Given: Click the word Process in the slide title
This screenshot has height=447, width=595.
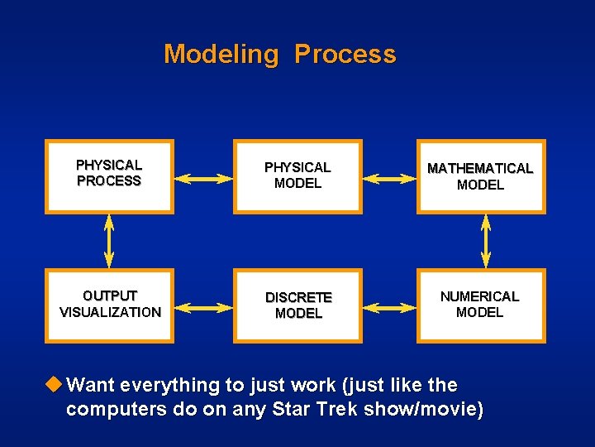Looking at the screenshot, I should click(x=345, y=55).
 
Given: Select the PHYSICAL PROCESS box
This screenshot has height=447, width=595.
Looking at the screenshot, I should click(x=109, y=176).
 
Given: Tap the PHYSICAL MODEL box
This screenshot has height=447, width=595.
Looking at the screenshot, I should click(x=297, y=176).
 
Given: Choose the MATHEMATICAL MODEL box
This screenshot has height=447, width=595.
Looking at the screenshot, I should click(x=480, y=176).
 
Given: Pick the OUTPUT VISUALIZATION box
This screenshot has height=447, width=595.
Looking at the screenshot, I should click(x=109, y=305).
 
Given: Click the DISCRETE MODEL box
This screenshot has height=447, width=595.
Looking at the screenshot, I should click(x=297, y=305).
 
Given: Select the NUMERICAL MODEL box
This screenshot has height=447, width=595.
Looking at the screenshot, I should click(x=480, y=305).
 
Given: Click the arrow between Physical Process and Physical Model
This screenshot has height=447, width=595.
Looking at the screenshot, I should click(x=204, y=178).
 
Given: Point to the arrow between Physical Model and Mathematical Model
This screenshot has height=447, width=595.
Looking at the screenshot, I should click(x=389, y=178).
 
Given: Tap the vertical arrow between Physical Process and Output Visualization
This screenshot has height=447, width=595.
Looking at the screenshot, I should click(x=109, y=241).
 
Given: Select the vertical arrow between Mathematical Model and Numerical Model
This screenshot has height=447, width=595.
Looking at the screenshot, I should click(x=486, y=241).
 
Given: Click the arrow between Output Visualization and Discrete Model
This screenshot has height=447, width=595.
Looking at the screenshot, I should click(x=204, y=308).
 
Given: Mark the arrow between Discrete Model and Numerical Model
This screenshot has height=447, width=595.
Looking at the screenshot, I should click(x=389, y=308).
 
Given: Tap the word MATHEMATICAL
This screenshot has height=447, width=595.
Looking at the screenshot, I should click(x=480, y=168).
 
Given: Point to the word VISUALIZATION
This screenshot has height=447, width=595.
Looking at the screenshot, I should click(x=110, y=313).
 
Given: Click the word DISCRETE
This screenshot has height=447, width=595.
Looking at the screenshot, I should click(x=298, y=297).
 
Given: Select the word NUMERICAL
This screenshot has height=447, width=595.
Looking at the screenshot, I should click(x=479, y=296).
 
